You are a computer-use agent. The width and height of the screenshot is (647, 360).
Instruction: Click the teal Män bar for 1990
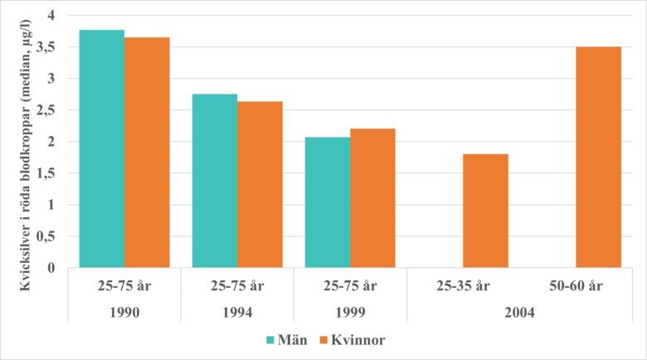tap(102, 149)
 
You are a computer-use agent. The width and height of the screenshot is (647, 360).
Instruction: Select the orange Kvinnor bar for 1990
tap(147, 153)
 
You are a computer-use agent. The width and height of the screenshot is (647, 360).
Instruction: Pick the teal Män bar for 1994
tap(215, 181)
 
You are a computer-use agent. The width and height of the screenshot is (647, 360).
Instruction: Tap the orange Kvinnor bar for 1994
tap(260, 185)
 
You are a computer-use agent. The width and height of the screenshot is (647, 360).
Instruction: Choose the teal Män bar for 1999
tap(328, 202)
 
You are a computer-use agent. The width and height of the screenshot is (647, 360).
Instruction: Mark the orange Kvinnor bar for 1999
tap(372, 198)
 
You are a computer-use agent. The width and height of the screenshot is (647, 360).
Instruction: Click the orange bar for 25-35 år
tap(485, 211)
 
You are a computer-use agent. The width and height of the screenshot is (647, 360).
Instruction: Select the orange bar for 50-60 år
tap(598, 157)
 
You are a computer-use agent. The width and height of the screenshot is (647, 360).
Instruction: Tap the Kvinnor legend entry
tap(353, 340)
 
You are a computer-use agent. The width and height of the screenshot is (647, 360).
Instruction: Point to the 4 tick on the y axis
tap(51, 16)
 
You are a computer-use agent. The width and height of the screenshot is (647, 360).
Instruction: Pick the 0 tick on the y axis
tap(51, 268)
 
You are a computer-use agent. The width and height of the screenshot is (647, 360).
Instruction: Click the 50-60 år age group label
tap(576, 288)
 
